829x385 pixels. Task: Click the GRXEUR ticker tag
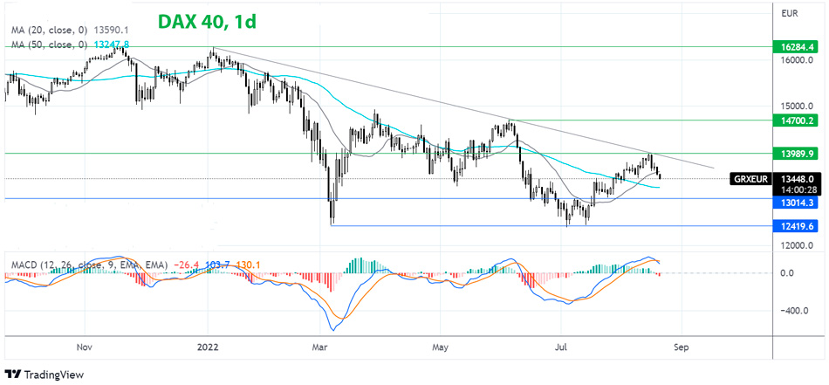pos(750,179)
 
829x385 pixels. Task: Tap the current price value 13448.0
pos(798,174)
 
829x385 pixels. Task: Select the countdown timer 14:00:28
pos(798,185)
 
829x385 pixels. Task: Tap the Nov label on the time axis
pos(84,346)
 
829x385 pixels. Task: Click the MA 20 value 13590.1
pos(103,31)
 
